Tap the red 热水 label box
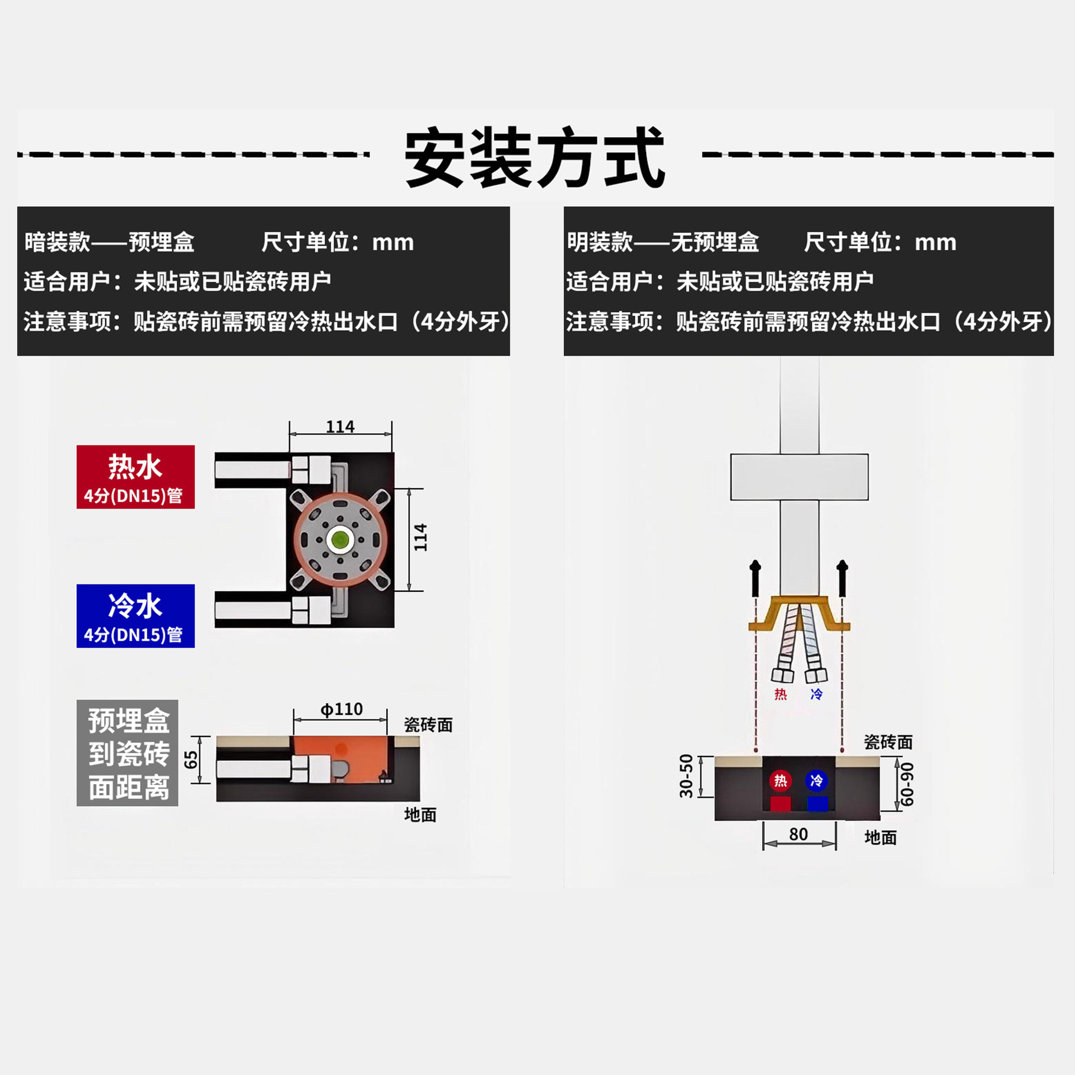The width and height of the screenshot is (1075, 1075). click(135, 477)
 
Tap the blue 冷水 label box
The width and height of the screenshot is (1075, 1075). click(135, 616)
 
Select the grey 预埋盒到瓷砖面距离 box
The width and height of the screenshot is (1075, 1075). click(128, 753)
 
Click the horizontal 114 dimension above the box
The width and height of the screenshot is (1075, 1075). click(340, 427)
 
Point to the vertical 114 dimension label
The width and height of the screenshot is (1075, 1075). click(420, 537)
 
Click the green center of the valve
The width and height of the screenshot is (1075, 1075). click(340, 540)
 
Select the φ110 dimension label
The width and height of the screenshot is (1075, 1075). click(342, 709)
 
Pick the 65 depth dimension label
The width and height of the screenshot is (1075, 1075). click(191, 760)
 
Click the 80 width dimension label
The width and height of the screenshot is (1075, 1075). click(798, 834)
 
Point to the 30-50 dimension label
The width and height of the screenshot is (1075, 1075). click(686, 776)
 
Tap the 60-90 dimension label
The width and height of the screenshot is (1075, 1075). click(907, 784)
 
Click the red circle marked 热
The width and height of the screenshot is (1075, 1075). click(780, 780)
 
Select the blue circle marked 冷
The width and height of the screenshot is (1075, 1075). click(816, 780)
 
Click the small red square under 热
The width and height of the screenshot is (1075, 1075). click(780, 804)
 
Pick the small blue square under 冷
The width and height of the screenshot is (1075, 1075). click(817, 804)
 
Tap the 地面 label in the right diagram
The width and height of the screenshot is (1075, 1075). click(881, 838)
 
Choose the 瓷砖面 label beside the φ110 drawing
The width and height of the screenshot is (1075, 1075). click(428, 725)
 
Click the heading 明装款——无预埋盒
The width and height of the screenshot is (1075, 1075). click(663, 242)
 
